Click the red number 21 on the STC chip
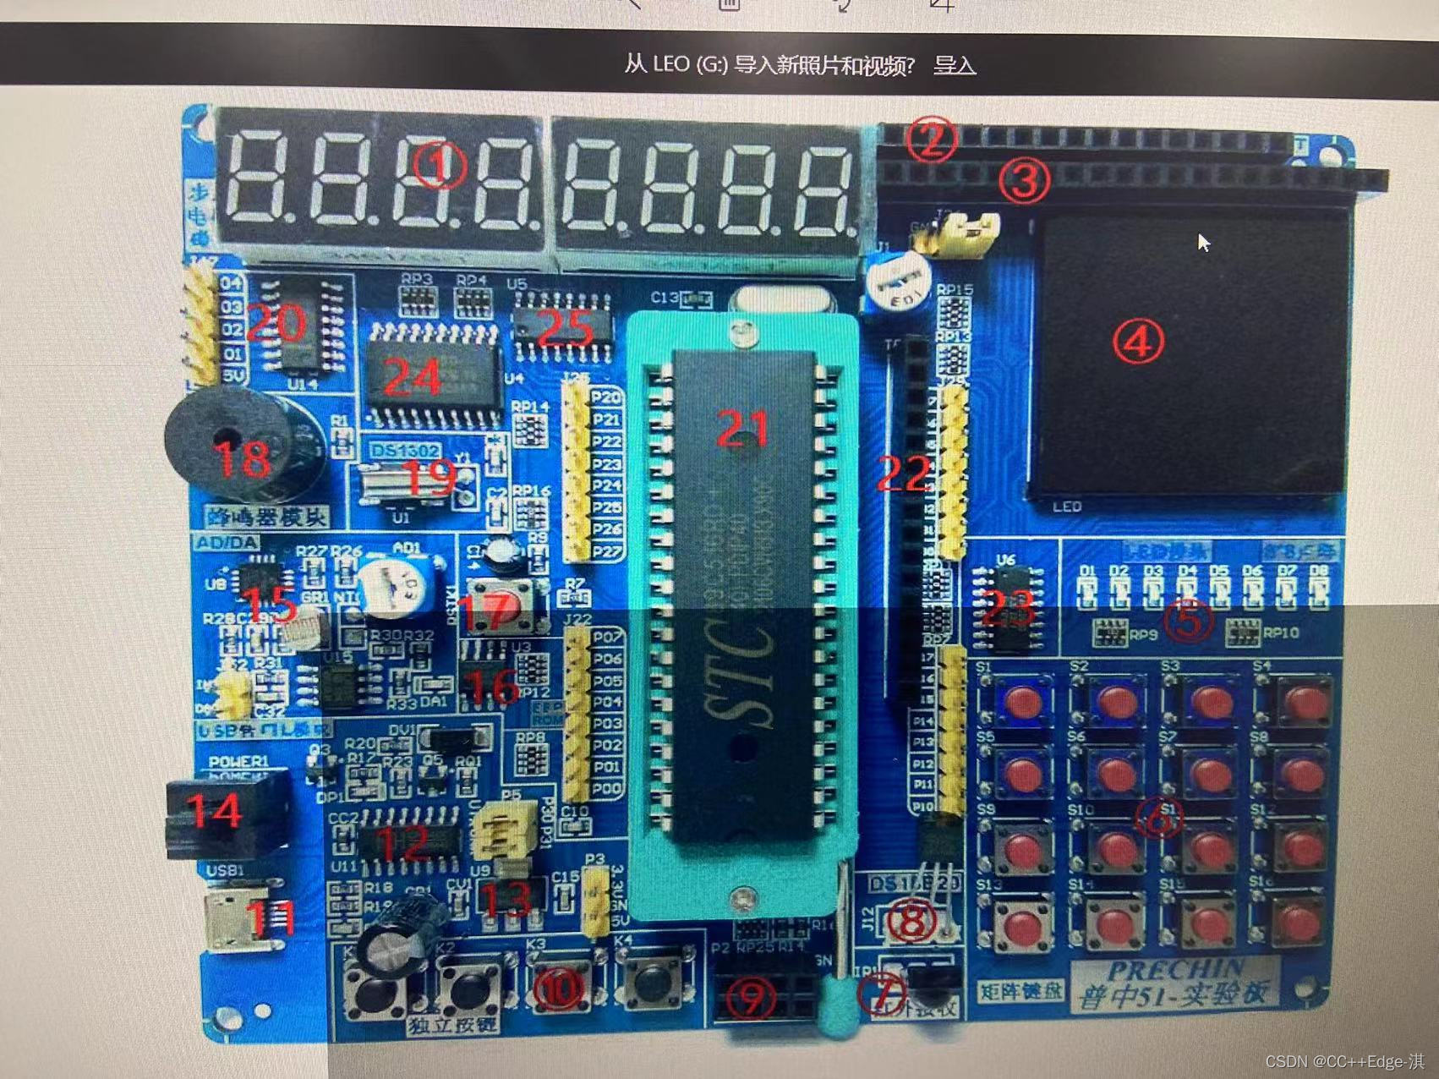coord(742,429)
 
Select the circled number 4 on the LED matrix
coord(1138,342)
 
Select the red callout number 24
coord(412,375)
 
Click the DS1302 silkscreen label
coord(405,451)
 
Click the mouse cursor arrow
coord(1203,243)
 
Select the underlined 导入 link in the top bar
coord(955,65)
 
